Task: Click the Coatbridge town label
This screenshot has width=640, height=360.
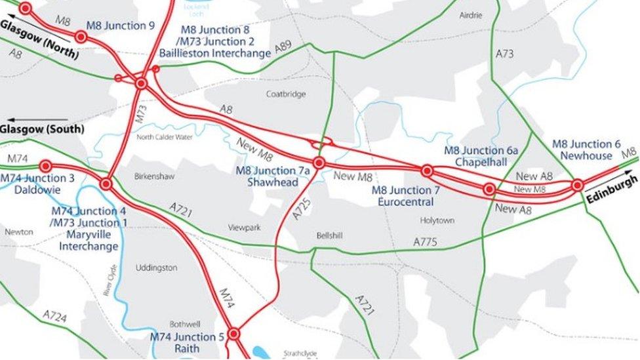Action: point(286,94)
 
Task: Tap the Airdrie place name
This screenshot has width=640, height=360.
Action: point(470,15)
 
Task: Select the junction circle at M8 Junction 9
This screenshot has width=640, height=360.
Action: point(81,37)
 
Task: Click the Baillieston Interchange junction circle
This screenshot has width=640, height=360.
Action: point(141,83)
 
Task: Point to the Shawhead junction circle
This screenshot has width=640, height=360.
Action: point(319,163)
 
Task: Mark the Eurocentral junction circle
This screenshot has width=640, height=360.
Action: point(427,171)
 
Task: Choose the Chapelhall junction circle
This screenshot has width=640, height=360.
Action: point(489,190)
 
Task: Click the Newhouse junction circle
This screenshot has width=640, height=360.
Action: point(577,186)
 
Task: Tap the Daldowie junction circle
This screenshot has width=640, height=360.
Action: point(45,167)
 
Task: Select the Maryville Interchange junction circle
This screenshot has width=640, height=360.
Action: point(106,184)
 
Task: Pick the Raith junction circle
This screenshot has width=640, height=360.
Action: point(233,334)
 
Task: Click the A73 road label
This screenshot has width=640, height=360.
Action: point(504,54)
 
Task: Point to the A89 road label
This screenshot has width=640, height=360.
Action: point(283,46)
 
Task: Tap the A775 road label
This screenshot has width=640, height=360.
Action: point(425,242)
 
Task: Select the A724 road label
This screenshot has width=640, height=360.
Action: point(55,317)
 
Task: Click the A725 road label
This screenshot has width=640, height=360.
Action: point(301,207)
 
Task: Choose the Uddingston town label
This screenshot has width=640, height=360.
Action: point(156,268)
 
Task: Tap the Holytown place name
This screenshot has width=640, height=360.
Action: point(437,220)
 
